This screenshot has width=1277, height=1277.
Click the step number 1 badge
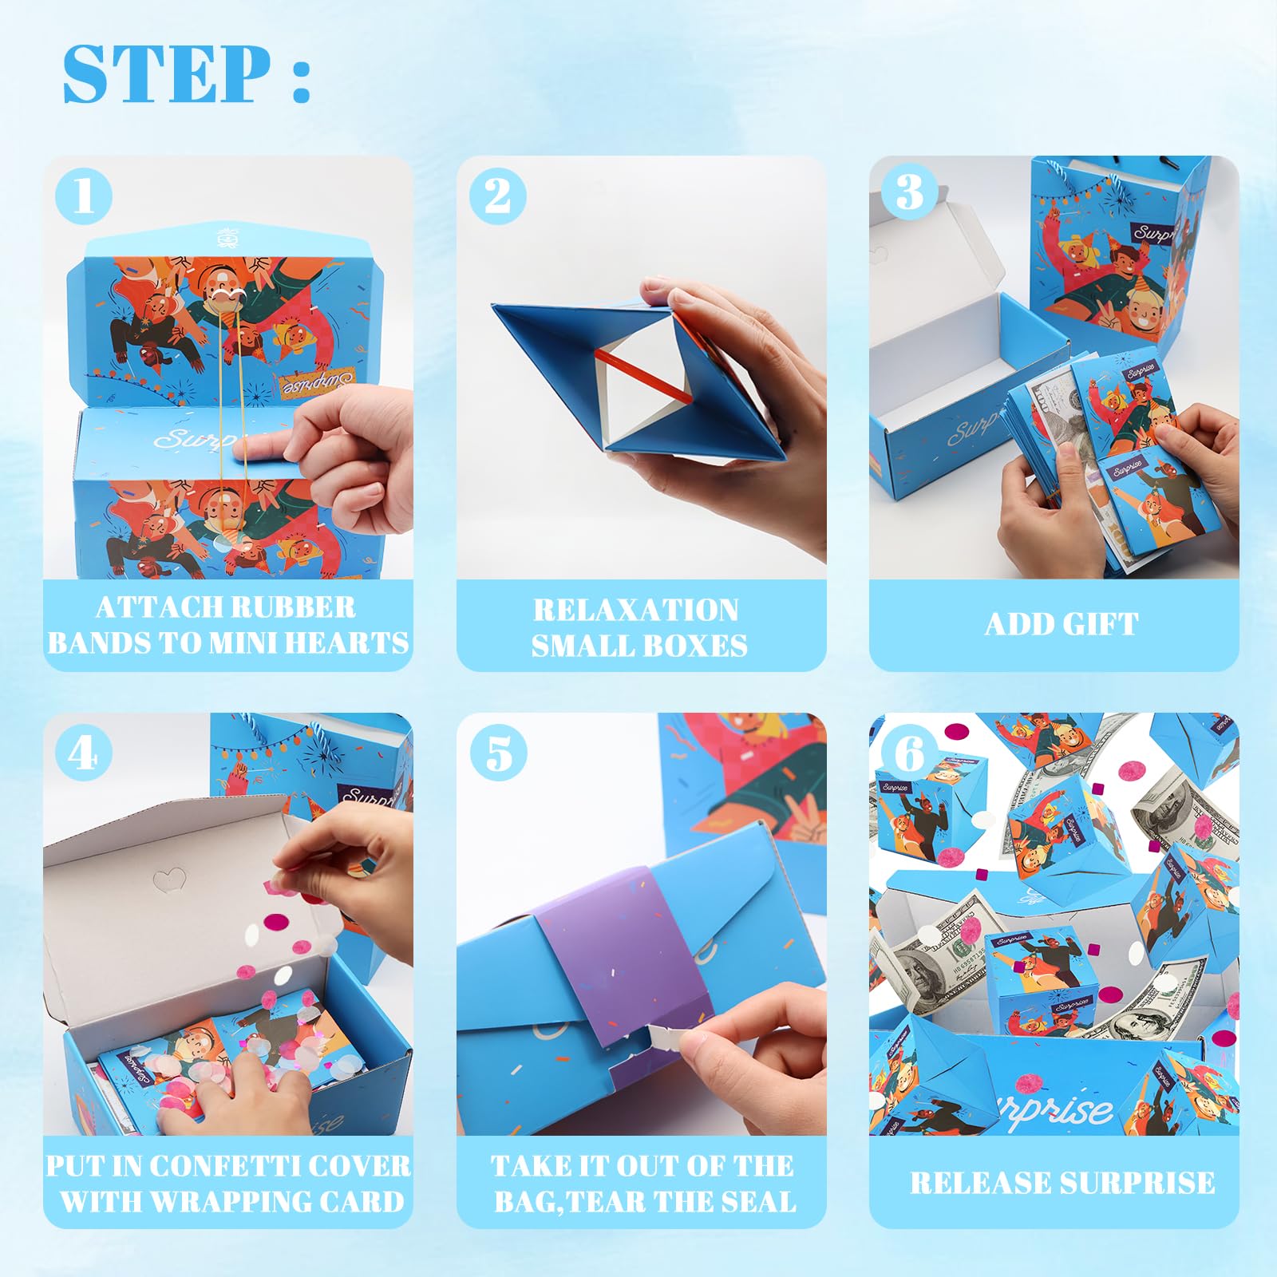click(x=84, y=196)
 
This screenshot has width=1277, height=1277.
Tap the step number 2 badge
click(x=498, y=196)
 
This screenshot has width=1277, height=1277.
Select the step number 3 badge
click(x=910, y=192)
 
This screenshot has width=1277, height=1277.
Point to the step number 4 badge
click(x=84, y=753)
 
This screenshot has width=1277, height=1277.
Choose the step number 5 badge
click(x=498, y=753)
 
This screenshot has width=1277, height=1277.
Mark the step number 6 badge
click(x=910, y=753)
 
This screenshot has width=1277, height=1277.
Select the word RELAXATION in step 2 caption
click(x=636, y=611)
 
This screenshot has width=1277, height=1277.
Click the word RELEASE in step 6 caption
click(x=979, y=1183)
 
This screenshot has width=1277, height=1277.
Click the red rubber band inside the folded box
click(x=642, y=375)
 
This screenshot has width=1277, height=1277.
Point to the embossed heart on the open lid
click(x=169, y=880)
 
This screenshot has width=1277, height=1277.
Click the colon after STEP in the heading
click(x=301, y=80)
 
